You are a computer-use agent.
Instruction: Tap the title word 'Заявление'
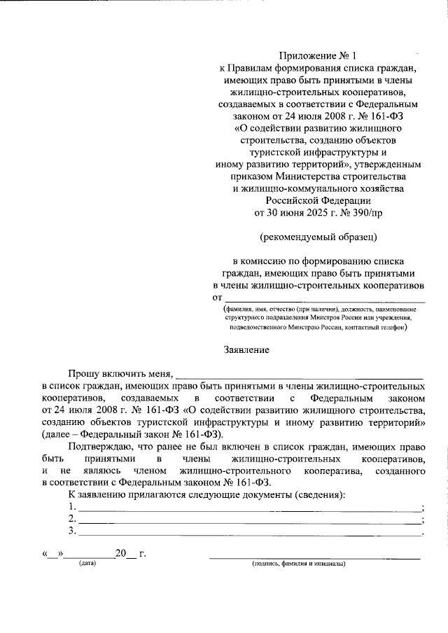tap(246, 348)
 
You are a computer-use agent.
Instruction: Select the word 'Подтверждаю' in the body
tap(99, 445)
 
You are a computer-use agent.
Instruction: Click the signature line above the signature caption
tap(315, 557)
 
